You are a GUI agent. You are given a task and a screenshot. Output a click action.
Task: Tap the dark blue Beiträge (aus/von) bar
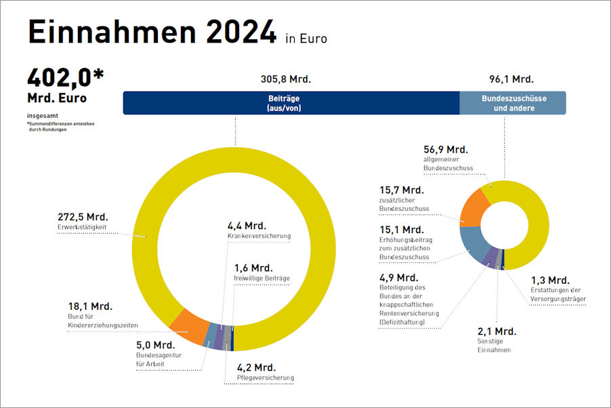[x=291, y=103]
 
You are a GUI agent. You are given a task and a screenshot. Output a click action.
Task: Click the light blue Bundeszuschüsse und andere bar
[x=512, y=103]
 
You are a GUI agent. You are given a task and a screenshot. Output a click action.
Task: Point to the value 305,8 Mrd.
[x=285, y=79]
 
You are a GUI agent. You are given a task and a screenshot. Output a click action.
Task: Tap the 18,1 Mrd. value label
[x=90, y=306]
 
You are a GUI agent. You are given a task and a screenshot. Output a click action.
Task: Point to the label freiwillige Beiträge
[x=261, y=279]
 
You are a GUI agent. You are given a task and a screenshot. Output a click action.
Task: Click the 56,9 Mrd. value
[x=446, y=149]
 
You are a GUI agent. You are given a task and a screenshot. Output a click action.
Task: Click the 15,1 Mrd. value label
[x=402, y=229]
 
